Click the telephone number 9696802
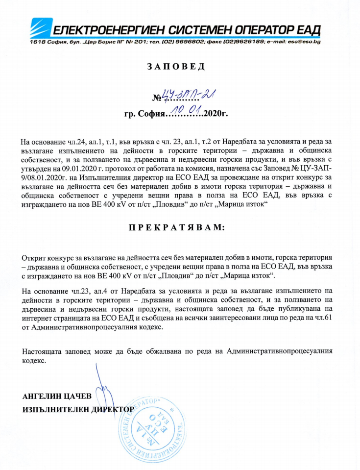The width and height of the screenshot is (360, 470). [189, 43]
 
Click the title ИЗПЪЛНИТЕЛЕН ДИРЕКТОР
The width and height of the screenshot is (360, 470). [78, 409]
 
